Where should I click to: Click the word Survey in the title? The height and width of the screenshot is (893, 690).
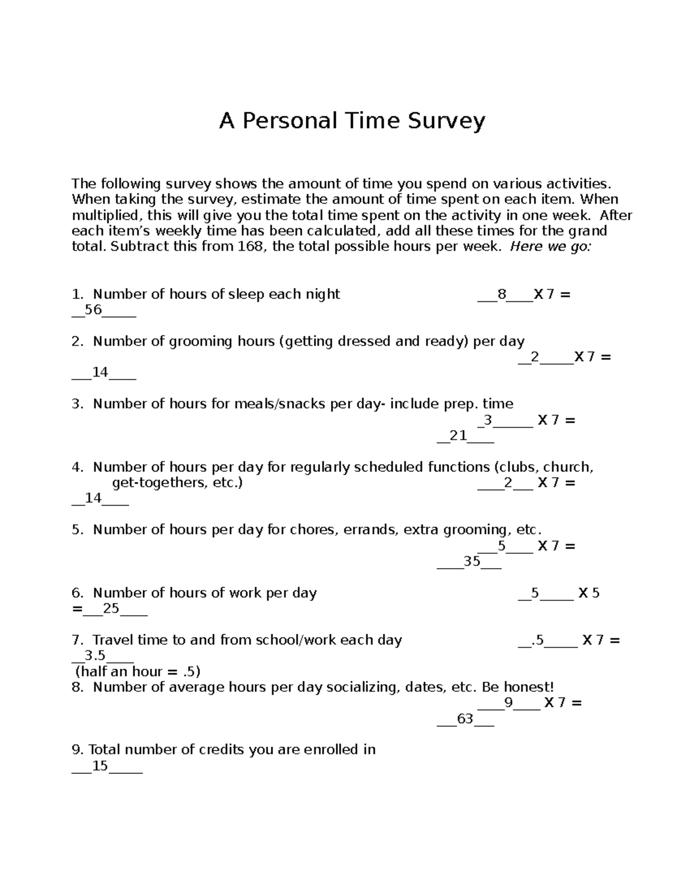446,121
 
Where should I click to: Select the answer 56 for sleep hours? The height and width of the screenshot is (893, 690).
93,310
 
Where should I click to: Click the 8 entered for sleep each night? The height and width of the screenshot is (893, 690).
502,294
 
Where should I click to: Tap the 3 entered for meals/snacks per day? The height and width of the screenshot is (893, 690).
488,420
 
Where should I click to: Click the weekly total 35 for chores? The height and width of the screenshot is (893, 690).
471,561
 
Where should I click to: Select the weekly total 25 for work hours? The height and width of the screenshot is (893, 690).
111,608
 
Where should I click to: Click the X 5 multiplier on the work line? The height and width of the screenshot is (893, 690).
589,593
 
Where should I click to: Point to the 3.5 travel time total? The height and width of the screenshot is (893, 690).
95,656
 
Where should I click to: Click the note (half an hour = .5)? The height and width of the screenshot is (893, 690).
138,671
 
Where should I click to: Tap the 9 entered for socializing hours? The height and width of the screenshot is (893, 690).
508,703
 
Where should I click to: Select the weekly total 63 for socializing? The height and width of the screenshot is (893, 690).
465,719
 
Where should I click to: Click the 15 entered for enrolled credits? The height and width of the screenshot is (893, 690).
100,766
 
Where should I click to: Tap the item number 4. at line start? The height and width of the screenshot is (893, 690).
78,467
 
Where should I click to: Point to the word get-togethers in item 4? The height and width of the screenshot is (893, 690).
159,482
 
